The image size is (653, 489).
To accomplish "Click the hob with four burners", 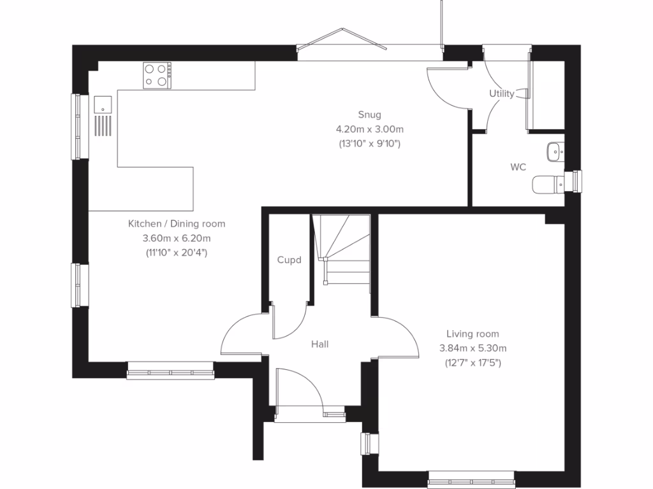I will point(158,75).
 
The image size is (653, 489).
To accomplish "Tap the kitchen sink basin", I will point(102,104).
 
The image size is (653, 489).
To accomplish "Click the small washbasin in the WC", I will point(554,152).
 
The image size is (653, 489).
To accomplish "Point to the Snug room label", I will point(369,115).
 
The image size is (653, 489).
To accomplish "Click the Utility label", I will point(501,94).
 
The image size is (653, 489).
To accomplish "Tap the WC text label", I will point(518,167).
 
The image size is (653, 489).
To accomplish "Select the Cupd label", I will point(289,260).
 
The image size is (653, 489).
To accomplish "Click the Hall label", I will point(319,344).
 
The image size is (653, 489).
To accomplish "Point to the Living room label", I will point(472,334).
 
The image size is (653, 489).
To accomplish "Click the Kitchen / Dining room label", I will point(177,224).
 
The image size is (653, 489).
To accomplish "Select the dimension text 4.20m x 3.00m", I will point(369,129).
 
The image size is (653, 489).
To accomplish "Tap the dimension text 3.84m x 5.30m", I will point(472,348).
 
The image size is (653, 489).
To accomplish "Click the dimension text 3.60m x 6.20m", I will point(177,239).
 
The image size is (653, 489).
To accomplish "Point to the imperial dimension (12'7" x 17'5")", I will point(472,363).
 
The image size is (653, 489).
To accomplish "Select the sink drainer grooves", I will point(103,125).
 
